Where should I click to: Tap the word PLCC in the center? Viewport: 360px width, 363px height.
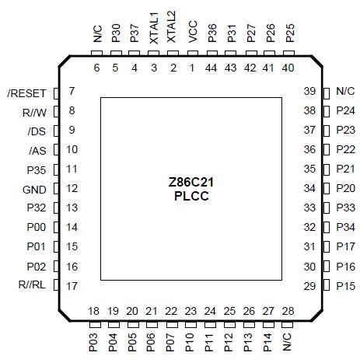191,197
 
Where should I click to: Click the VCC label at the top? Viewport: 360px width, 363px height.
192,33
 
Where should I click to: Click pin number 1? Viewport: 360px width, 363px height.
192,68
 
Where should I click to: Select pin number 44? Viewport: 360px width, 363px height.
211,68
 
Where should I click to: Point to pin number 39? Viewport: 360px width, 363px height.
309,92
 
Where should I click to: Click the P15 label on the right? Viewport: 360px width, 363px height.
346,286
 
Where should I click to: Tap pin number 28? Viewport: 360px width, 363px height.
288,312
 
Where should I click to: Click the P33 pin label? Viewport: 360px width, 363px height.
346,208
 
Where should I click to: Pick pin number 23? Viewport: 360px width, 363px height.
191,312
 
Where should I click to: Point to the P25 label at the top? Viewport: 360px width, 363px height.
289,33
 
